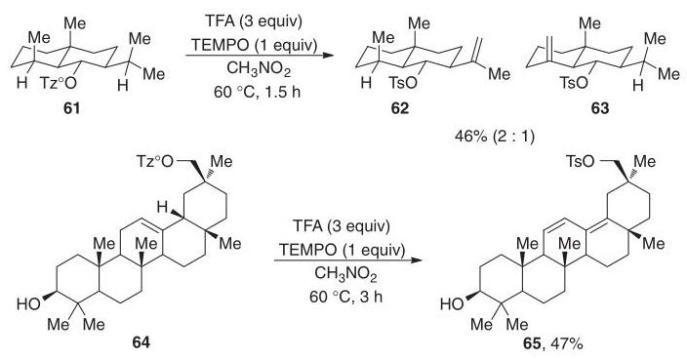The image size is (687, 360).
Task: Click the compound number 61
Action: pos(72,108)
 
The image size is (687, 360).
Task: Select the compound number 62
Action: pos(399,108)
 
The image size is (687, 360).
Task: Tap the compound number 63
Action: pos(600,108)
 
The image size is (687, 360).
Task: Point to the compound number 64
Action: pos(141,341)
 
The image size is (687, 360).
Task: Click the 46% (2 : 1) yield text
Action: pos(495,138)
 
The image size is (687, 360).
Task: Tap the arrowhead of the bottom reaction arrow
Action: pos(416,260)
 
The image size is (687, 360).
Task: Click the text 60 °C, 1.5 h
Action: pos(258,93)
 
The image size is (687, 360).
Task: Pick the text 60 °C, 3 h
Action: pos(345,297)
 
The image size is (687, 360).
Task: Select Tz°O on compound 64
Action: pos(154,162)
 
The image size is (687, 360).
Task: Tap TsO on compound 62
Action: pos(403,83)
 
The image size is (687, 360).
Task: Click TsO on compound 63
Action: pos(575,83)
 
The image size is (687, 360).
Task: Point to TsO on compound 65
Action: pos(581,162)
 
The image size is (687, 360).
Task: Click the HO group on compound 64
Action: pos(28,304)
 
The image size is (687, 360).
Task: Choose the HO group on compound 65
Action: pos(453,304)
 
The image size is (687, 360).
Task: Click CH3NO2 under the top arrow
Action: pos(259,70)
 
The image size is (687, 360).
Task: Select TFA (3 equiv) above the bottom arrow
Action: pos(341,227)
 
